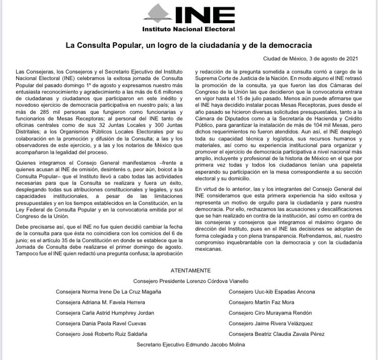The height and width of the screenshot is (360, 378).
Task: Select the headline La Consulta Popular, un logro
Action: tap(188, 45)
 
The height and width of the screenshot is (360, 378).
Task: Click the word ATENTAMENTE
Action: tap(189, 270)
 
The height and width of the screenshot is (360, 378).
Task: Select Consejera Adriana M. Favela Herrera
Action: tap(100, 302)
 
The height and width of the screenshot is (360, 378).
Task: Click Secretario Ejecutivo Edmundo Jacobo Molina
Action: tap(191, 345)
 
